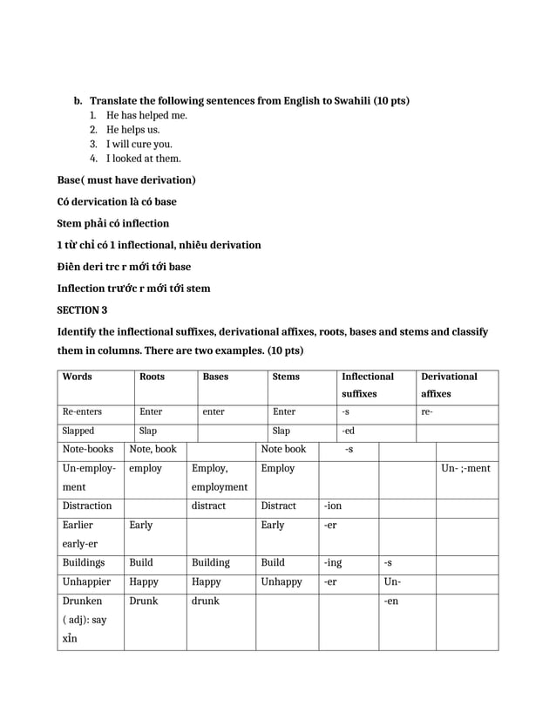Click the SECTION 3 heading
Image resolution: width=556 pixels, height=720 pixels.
coord(82,309)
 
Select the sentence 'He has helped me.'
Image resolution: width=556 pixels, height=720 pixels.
coord(146,115)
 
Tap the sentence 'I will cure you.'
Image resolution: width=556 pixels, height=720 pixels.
coord(139,144)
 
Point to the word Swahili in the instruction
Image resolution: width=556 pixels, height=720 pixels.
coord(351,100)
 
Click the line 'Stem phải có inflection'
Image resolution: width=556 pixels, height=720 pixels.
coord(113,223)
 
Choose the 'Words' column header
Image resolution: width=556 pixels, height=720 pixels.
coord(78,377)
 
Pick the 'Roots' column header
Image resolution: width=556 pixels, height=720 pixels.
coord(152,377)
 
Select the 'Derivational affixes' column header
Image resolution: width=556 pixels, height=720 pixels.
coord(449,385)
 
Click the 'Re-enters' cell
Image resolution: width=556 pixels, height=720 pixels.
coord(82,411)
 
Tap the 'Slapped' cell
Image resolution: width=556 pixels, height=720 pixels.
coord(78,431)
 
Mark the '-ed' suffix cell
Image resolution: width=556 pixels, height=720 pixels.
coord(348,431)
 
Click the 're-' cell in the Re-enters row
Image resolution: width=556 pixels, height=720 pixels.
coord(426,411)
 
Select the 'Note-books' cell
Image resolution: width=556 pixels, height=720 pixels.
coord(88,450)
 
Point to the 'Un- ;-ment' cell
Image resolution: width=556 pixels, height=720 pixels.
coord(465,469)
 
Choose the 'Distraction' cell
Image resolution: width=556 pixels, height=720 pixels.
coord(87,506)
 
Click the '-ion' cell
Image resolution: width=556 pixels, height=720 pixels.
coord(333,506)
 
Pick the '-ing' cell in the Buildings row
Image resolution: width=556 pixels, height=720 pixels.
coord(333,563)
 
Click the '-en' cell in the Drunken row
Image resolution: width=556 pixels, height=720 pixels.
coord(392,601)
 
